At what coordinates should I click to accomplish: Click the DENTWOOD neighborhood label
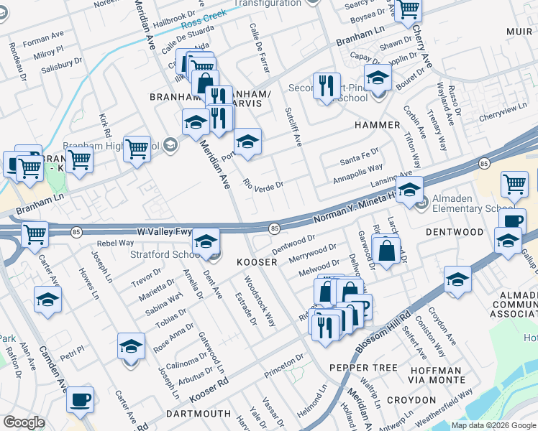pyautogui.click(x=455, y=233)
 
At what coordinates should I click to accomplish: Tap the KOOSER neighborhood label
pyautogui.click(x=257, y=263)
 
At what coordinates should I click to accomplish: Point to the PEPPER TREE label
pyautogui.click(x=363, y=368)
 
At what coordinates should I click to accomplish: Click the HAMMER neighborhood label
pyautogui.click(x=377, y=125)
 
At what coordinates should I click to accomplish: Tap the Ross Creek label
pyautogui.click(x=205, y=23)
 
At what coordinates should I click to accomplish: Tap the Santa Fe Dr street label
pyautogui.click(x=359, y=155)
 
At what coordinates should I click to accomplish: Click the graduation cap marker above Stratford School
pyautogui.click(x=206, y=242)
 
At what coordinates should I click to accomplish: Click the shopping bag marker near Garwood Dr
pyautogui.click(x=386, y=251)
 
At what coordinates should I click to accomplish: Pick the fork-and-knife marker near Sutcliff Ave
pyautogui.click(x=327, y=85)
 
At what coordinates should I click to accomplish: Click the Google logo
pyautogui.click(x=24, y=422)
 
